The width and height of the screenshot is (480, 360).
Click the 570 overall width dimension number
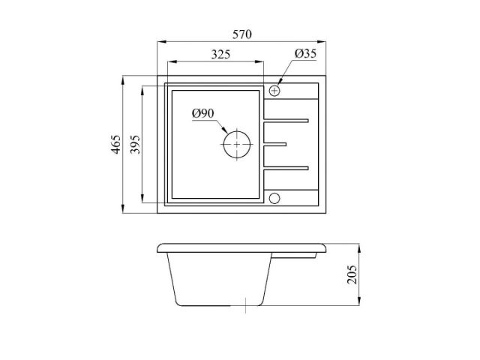tap(241, 34)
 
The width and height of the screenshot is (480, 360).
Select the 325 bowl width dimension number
tap(220, 54)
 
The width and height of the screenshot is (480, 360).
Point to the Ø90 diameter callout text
tap(203, 113)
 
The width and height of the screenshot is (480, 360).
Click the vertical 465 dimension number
tap(115, 143)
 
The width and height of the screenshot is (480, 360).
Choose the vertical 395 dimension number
tap(135, 143)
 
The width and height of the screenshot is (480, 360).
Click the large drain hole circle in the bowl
tap(236, 143)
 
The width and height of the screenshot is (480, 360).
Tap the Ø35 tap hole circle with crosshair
tap(274, 91)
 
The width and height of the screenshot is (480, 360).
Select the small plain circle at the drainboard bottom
tap(274, 198)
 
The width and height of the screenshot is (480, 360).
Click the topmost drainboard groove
tap(286, 119)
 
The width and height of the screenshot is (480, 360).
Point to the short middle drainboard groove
tap(275, 143)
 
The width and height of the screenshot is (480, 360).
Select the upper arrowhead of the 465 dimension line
tap(124, 77)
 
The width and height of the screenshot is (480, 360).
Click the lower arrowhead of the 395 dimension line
tap(143, 202)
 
